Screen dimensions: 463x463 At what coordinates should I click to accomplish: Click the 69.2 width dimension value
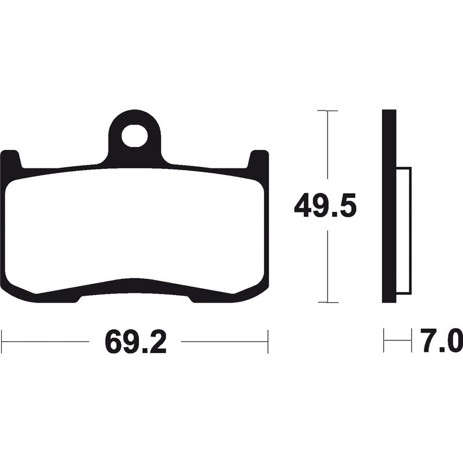(x=135, y=343)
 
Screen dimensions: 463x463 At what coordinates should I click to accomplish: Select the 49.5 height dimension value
(x=324, y=207)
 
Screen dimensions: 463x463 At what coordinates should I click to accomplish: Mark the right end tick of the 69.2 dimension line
(x=268, y=341)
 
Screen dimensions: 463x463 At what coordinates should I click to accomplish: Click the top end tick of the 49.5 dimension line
(x=328, y=110)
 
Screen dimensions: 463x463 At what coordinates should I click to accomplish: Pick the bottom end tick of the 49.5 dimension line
(x=328, y=302)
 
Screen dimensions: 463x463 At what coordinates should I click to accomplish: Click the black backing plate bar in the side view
(x=389, y=205)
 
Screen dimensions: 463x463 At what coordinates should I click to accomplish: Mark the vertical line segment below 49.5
(x=328, y=266)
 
